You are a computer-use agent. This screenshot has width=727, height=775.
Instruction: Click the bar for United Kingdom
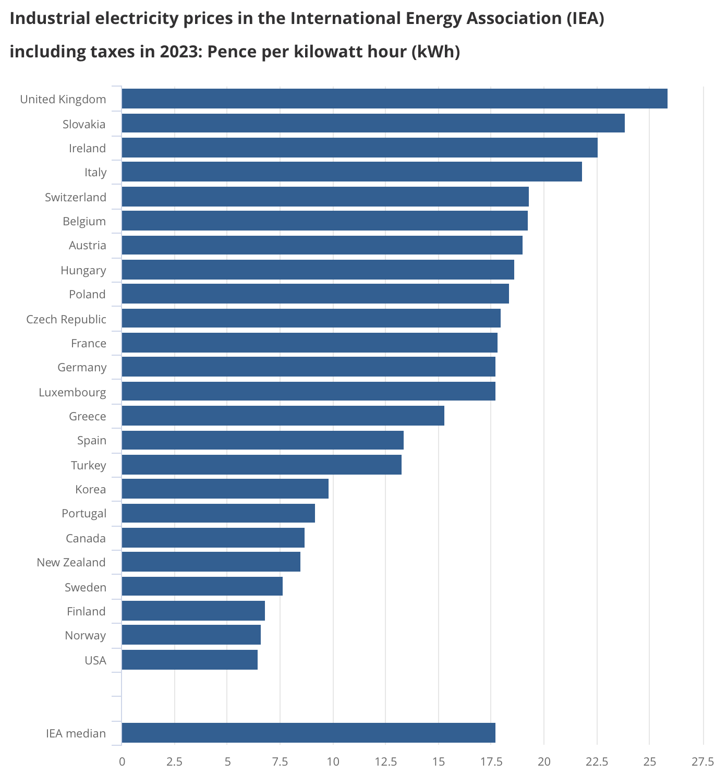[x=394, y=99]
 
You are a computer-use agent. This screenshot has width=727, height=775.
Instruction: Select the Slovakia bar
[x=373, y=124]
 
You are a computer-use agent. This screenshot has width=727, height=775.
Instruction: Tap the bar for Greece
[x=283, y=416]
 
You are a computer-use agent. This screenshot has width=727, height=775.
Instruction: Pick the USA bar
[x=189, y=660]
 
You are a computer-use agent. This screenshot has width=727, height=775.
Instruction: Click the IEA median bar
[x=308, y=733]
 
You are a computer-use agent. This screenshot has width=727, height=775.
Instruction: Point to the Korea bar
[x=225, y=489]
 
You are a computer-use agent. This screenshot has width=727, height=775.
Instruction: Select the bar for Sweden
[x=202, y=587]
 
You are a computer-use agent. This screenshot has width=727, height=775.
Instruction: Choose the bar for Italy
[x=352, y=172]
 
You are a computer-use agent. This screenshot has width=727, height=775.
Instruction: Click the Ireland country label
[x=87, y=148]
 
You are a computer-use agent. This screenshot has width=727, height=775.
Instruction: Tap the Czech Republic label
[x=66, y=319]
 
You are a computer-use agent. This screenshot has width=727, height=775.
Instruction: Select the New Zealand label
[x=71, y=562]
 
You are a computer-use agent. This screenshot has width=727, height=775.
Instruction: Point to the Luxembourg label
[x=72, y=392]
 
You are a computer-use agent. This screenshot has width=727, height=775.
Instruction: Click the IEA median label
[x=76, y=733]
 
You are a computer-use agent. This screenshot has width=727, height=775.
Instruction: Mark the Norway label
[x=85, y=635]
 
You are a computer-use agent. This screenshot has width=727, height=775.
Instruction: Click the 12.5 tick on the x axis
[x=385, y=762]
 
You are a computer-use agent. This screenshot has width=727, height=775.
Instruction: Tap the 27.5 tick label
[x=702, y=762]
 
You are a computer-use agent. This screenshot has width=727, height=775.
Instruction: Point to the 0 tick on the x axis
[x=122, y=762]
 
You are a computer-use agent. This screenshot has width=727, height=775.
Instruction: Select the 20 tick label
[x=544, y=762]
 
